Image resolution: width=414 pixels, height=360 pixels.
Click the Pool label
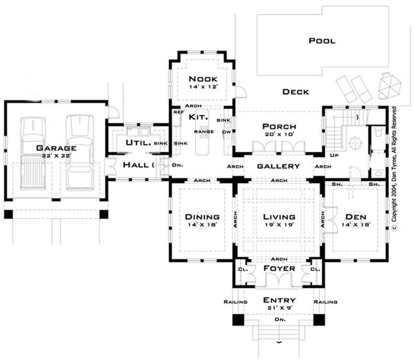tap(322, 41)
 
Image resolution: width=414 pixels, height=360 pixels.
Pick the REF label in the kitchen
tap(179, 112)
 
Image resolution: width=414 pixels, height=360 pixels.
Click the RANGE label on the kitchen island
tap(206, 132)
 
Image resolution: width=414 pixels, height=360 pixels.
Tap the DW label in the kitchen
tap(226, 132)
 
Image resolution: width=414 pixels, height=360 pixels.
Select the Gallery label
tap(278, 166)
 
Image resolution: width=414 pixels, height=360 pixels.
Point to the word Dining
tap(202, 217)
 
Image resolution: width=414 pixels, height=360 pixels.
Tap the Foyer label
tap(279, 268)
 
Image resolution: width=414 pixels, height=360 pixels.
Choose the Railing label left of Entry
tap(235, 302)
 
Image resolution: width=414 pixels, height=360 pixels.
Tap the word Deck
tap(296, 92)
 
